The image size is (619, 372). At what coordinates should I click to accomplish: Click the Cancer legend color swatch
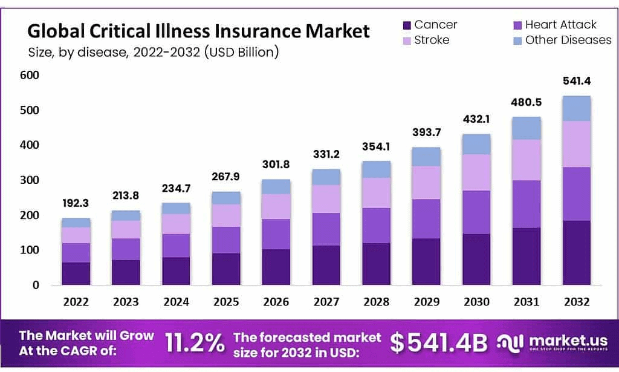tap(406, 25)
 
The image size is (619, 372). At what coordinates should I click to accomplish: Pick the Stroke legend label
tap(431, 41)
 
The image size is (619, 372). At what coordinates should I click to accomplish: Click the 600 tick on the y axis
tap(30, 76)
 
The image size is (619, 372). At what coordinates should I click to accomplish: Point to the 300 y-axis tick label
tap(30, 180)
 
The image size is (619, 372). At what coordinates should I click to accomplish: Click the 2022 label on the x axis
tap(76, 301)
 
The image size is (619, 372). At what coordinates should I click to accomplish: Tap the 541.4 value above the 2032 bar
tap(578, 81)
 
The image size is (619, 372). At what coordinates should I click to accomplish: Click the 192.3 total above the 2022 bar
tap(76, 204)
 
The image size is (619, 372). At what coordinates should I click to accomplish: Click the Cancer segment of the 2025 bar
tap(227, 269)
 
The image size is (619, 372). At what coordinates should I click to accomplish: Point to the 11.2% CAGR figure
tap(195, 343)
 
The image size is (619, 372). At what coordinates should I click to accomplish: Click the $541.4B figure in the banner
tap(438, 343)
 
